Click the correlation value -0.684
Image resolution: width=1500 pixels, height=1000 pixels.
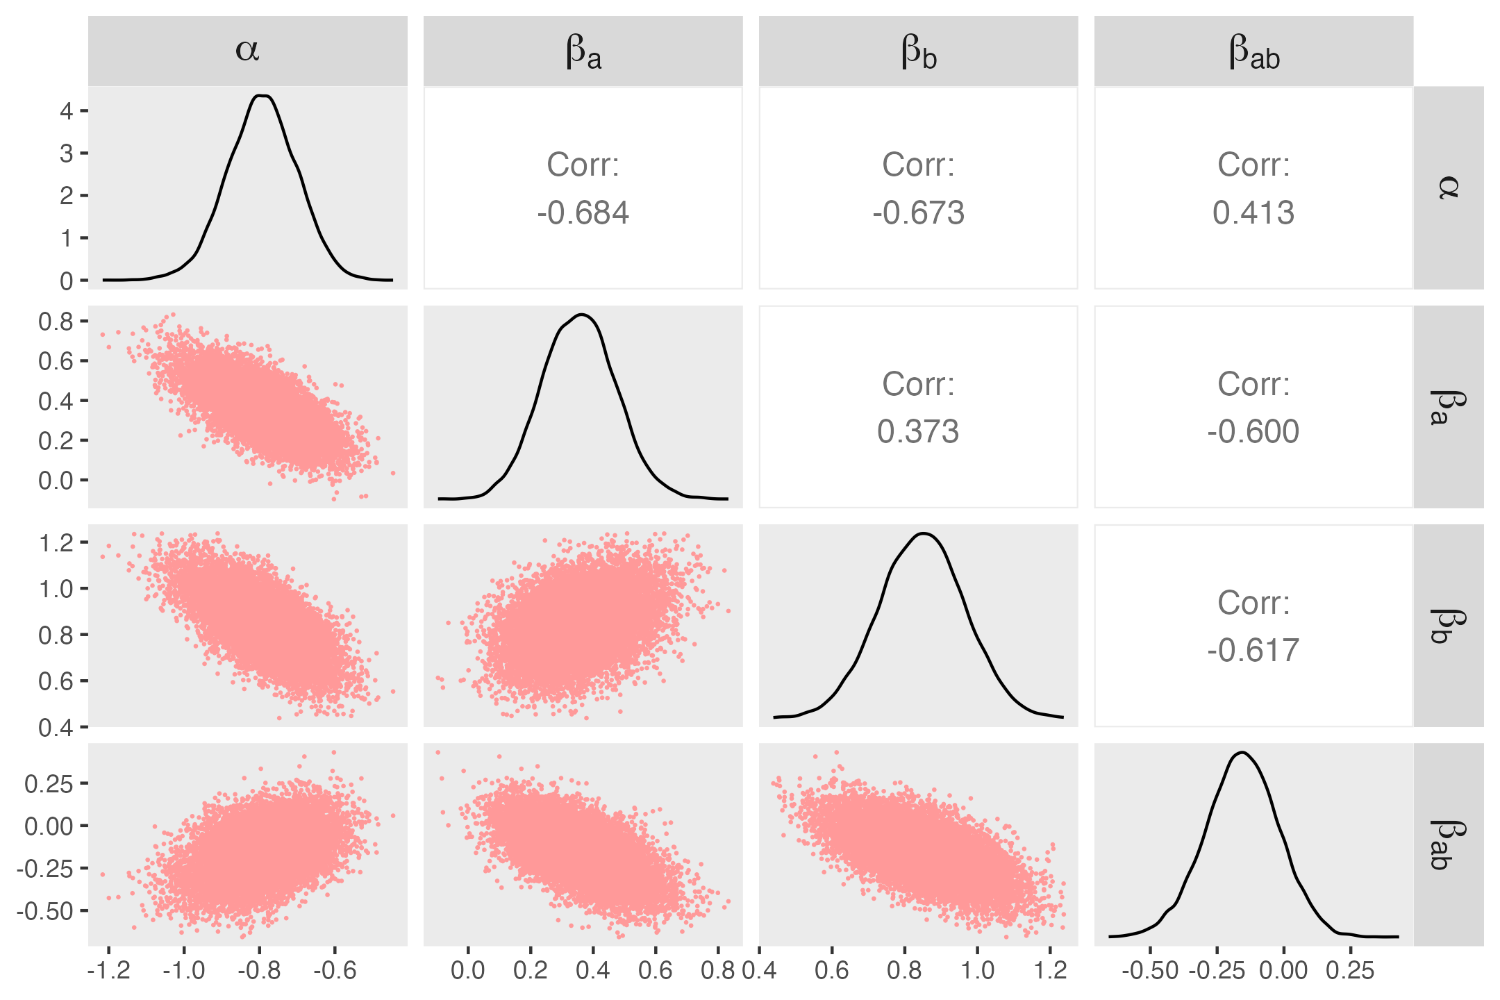pyautogui.click(x=583, y=212)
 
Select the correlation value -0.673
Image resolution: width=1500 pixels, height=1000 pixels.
pyautogui.click(x=918, y=212)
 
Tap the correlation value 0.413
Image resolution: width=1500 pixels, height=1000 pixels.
pyautogui.click(x=1253, y=212)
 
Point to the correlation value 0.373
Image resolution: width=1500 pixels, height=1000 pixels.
pyautogui.click(x=918, y=431)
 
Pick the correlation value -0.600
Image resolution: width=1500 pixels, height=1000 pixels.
pyautogui.click(x=1253, y=431)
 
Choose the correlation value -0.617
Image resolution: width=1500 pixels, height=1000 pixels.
pyautogui.click(x=1253, y=650)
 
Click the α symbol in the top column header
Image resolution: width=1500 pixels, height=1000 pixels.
pyautogui.click(x=247, y=50)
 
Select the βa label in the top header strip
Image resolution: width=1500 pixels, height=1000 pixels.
pyautogui.click(x=583, y=52)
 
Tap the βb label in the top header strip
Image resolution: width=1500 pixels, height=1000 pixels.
pyautogui.click(x=919, y=52)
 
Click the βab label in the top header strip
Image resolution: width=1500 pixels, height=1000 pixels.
pyautogui.click(x=1254, y=52)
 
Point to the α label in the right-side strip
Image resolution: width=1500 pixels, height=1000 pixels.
pyautogui.click(x=1448, y=187)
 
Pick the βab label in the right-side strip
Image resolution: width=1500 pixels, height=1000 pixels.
pyautogui.click(x=1448, y=844)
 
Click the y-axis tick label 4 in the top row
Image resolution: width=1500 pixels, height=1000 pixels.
pyautogui.click(x=67, y=110)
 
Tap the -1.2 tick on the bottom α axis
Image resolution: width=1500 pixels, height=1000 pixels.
pyautogui.click(x=108, y=970)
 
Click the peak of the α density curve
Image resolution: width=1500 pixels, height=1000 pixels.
pyautogui.click(x=262, y=96)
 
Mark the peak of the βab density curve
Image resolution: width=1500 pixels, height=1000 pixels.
pyautogui.click(x=1242, y=753)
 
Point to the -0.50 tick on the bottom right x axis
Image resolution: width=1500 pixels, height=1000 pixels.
pyautogui.click(x=1150, y=970)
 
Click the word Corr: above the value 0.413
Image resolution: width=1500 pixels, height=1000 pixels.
pyautogui.click(x=1253, y=165)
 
